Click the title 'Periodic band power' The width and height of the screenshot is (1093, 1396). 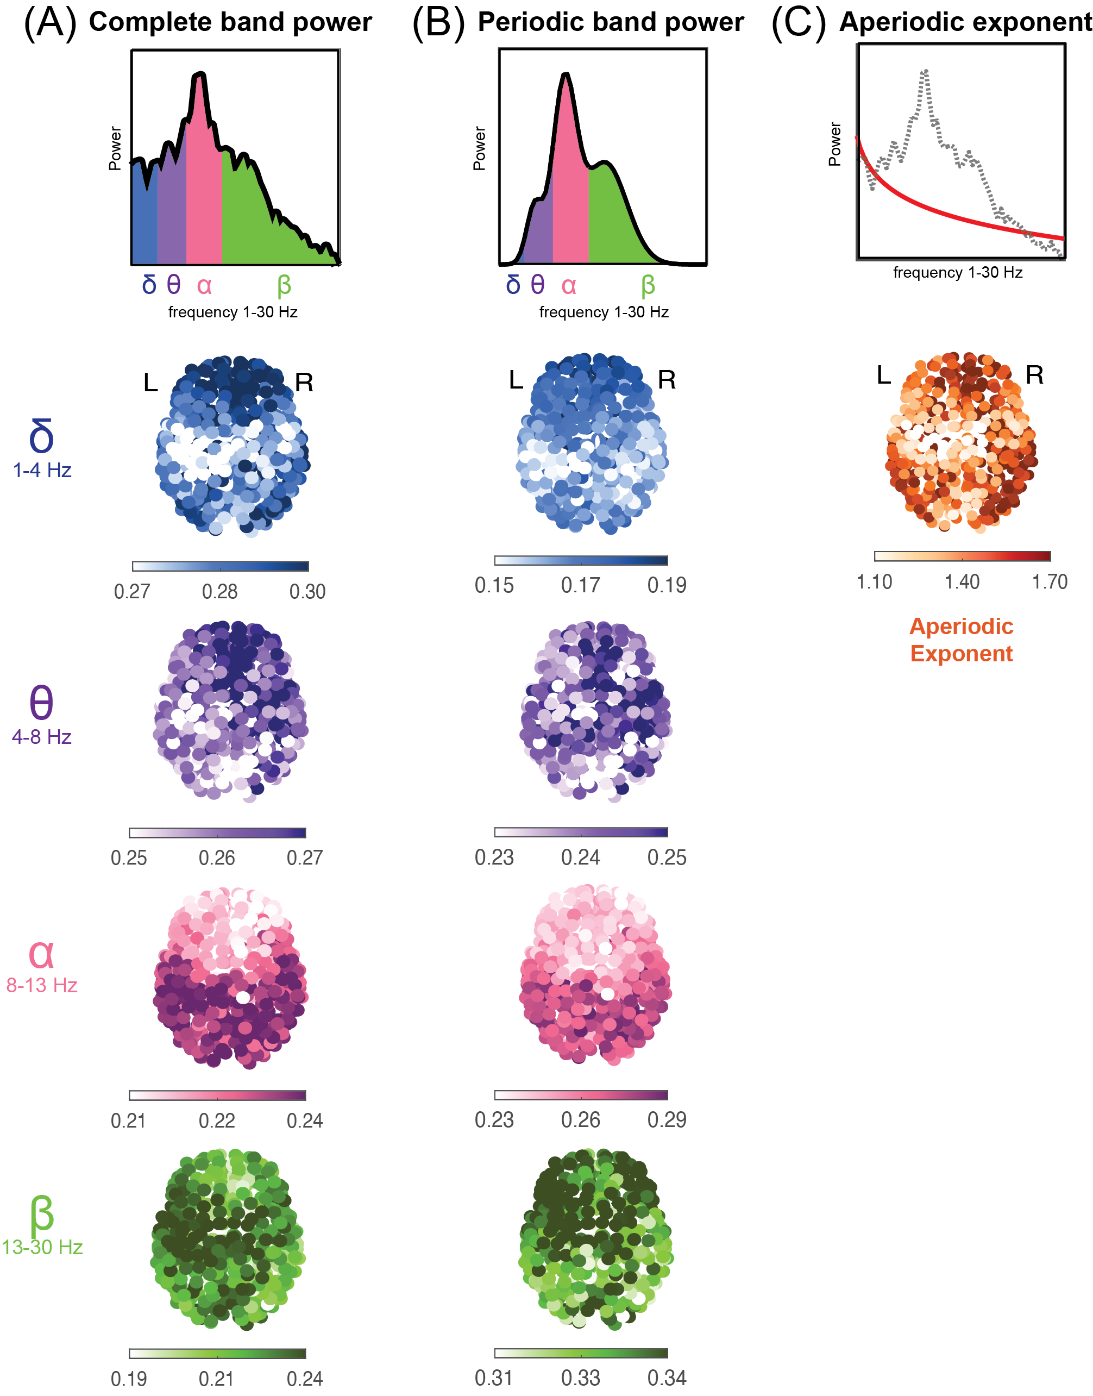(611, 22)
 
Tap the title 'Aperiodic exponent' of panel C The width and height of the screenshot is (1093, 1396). (965, 22)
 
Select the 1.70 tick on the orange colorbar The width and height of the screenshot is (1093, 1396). (1050, 582)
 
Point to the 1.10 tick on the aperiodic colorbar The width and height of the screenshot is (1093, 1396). (874, 582)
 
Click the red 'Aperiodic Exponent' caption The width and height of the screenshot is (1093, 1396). (961, 640)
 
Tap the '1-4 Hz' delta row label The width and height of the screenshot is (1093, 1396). (42, 471)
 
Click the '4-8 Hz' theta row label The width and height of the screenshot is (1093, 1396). (42, 737)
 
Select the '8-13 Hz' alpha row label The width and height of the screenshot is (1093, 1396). (42, 985)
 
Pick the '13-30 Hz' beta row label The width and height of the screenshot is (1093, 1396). (42, 1247)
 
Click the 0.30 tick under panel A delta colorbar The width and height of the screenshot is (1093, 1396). (307, 591)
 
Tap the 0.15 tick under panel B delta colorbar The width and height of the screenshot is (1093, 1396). (494, 585)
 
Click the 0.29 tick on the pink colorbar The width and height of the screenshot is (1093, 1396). (667, 1119)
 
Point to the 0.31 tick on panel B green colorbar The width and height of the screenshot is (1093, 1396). (494, 1378)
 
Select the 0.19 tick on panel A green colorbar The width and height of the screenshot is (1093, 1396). (129, 1378)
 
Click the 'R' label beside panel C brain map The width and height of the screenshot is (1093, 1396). (1034, 375)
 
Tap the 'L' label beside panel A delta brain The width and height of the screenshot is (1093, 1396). (150, 383)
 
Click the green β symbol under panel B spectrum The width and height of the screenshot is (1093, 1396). (648, 285)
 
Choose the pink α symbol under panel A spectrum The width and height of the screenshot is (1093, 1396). (204, 285)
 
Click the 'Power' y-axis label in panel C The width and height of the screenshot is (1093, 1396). (834, 144)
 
